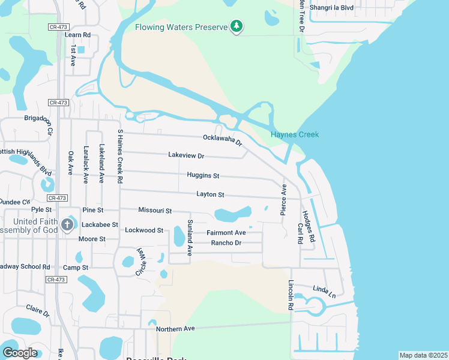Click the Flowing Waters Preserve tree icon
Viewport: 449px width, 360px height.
click(237, 26)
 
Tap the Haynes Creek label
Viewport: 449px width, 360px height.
click(295, 134)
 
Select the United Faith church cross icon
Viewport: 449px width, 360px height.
click(67, 226)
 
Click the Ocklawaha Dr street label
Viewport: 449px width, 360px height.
click(222, 140)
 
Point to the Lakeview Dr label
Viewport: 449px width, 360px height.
click(186, 155)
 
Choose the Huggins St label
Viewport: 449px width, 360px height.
click(203, 176)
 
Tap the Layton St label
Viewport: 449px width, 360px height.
click(210, 194)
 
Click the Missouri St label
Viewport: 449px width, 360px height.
click(155, 211)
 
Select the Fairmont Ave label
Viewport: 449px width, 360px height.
click(226, 232)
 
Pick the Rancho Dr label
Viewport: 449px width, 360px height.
click(226, 243)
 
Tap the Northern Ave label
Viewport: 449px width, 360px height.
click(175, 329)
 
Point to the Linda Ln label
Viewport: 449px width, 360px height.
click(324, 291)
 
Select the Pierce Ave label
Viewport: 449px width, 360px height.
click(283, 200)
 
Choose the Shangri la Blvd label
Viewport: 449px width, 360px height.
click(332, 8)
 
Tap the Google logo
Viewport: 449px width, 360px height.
click(20, 353)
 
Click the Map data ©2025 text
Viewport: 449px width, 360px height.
click(423, 355)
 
